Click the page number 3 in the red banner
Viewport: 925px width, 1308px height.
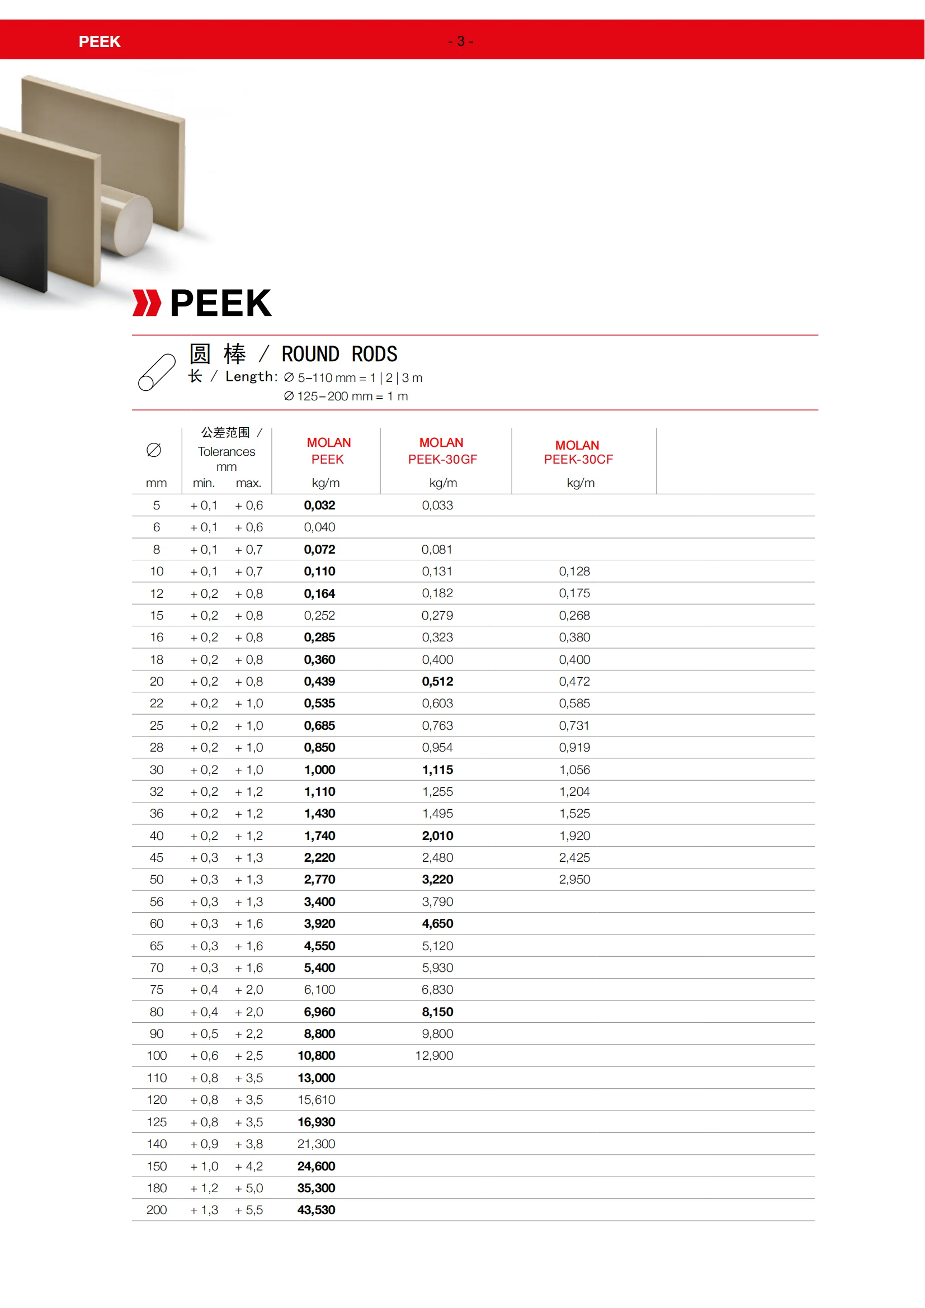[460, 41]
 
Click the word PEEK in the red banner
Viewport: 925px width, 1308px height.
[100, 41]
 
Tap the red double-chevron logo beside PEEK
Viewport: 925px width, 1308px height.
[147, 303]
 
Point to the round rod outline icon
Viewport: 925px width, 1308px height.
[157, 372]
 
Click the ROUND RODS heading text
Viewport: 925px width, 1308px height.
[339, 355]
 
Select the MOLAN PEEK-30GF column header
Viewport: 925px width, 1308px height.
[442, 451]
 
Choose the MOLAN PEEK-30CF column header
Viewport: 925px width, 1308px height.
[578, 452]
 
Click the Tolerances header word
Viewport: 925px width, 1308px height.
[226, 451]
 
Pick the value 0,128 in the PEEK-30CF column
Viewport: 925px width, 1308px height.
[574, 572]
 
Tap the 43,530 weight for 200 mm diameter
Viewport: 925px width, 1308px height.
[316, 1210]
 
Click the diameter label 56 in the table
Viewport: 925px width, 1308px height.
[157, 902]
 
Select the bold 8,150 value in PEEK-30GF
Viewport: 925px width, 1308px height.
[437, 1012]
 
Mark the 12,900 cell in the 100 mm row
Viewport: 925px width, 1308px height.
[434, 1056]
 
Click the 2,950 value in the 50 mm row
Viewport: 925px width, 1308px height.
[574, 880]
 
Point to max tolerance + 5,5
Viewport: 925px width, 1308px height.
[249, 1210]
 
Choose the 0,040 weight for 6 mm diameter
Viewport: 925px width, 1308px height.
[319, 527]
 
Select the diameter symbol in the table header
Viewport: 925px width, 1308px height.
[154, 450]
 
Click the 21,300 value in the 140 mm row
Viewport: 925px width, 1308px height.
[316, 1144]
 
